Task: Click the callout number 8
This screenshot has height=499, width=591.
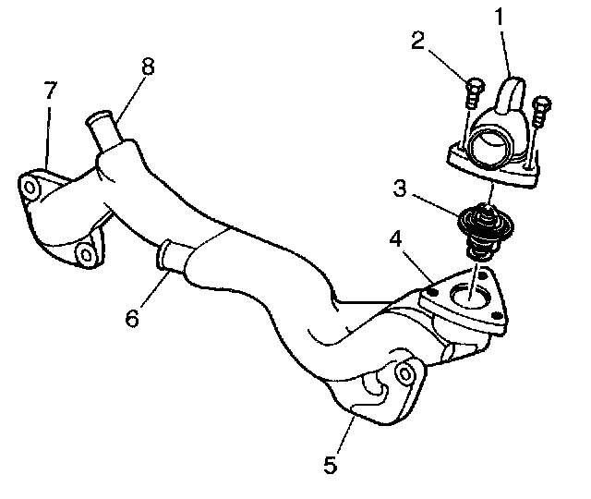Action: (148, 67)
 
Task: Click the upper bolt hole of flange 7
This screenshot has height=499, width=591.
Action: (30, 189)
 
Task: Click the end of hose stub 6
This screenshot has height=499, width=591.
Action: (167, 253)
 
